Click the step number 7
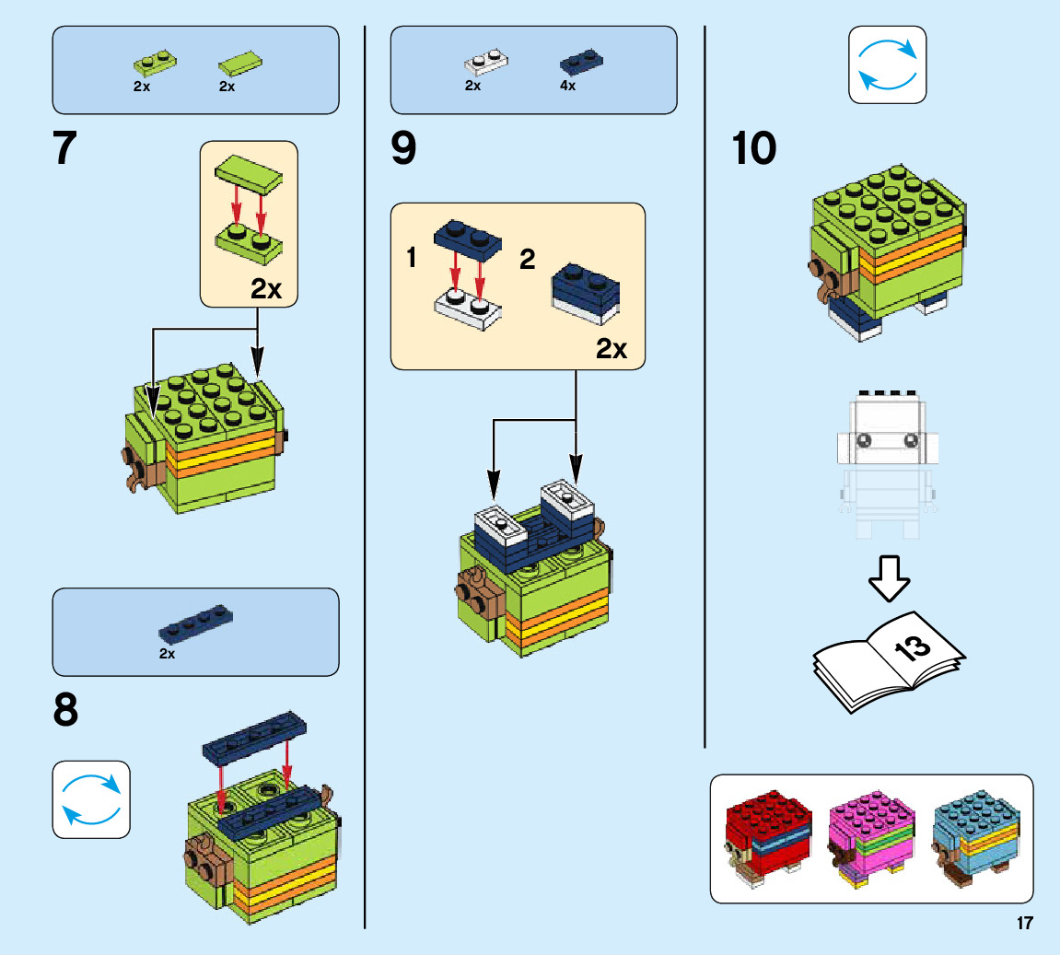[64, 148]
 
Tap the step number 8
[65, 711]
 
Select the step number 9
[403, 148]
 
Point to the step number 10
[753, 148]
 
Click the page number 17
[1025, 924]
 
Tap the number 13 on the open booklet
[912, 648]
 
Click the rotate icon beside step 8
[91, 798]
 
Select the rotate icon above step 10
[887, 64]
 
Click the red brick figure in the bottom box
[767, 839]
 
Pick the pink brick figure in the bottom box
[871, 839]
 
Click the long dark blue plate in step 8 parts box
[195, 623]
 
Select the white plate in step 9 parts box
[486, 63]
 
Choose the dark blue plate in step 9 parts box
[583, 63]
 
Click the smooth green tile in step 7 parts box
[241, 64]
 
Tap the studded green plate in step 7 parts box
[155, 63]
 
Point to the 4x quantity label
[567, 86]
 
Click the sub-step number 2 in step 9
[527, 259]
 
